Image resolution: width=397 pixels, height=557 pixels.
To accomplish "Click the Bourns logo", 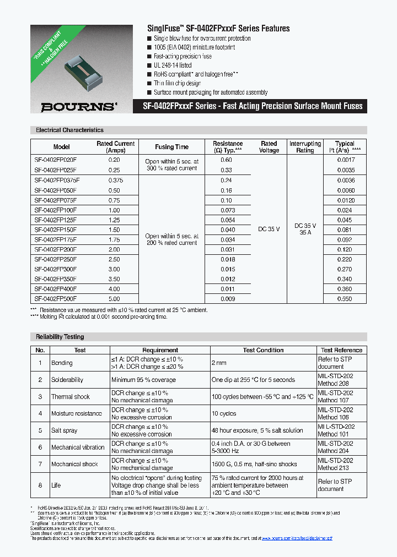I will pyautogui.click(x=81, y=106).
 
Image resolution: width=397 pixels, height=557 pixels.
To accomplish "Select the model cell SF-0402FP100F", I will pyautogui.click(x=56, y=210).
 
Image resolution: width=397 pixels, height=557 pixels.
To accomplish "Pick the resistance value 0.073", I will pyautogui.click(x=227, y=210).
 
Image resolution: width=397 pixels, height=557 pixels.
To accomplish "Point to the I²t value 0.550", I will pyautogui.click(x=345, y=299).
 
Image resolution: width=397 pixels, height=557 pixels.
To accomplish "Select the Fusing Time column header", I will pyautogui.click(x=172, y=147).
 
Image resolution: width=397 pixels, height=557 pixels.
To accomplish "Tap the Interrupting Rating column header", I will pyautogui.click(x=305, y=147).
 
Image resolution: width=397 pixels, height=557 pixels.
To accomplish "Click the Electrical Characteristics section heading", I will pyautogui.click(x=69, y=130).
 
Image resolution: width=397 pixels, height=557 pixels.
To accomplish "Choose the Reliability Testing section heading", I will pyautogui.click(x=60, y=337).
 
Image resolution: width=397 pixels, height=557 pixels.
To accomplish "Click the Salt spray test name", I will pyautogui.click(x=65, y=430).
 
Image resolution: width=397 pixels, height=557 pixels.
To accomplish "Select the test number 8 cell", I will pyautogui.click(x=40, y=485).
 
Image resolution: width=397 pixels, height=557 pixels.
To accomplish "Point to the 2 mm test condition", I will pyautogui.click(x=219, y=363).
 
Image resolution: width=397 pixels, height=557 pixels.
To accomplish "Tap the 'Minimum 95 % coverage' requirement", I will pyautogui.click(x=143, y=380).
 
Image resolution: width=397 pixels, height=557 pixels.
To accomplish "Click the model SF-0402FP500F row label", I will pyautogui.click(x=56, y=299).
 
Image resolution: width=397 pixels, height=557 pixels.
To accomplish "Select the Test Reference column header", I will pyautogui.click(x=341, y=350).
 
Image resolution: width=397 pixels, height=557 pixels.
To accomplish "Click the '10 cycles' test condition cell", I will pyautogui.click(x=224, y=413).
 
